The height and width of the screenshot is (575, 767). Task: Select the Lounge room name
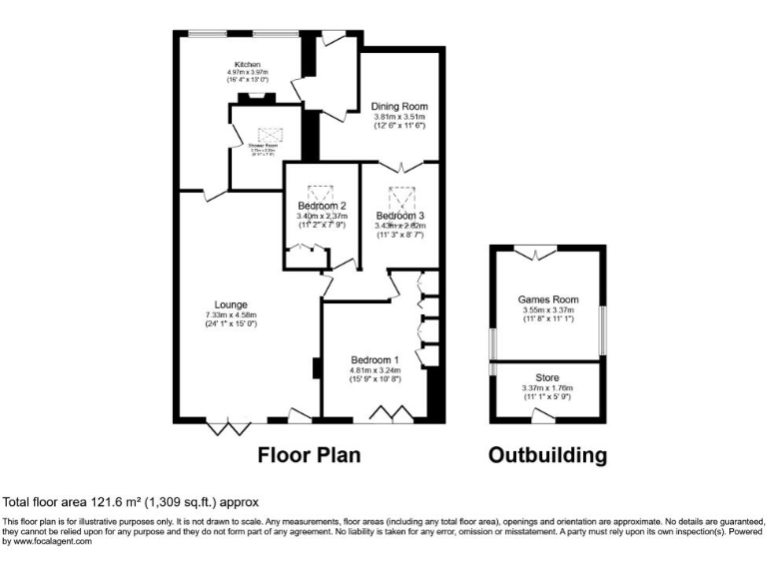click(231, 304)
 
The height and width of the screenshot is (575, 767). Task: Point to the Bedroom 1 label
click(375, 359)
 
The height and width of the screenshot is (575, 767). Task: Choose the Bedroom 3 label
click(400, 216)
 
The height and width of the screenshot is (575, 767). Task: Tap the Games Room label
click(547, 298)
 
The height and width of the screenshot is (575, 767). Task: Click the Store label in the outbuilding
click(547, 377)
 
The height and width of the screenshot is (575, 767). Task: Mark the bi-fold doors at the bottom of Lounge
click(229, 427)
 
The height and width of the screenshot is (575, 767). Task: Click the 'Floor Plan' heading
click(310, 455)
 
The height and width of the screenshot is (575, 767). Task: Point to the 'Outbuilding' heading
click(547, 455)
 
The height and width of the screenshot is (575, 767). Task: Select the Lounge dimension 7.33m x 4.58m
click(231, 315)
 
